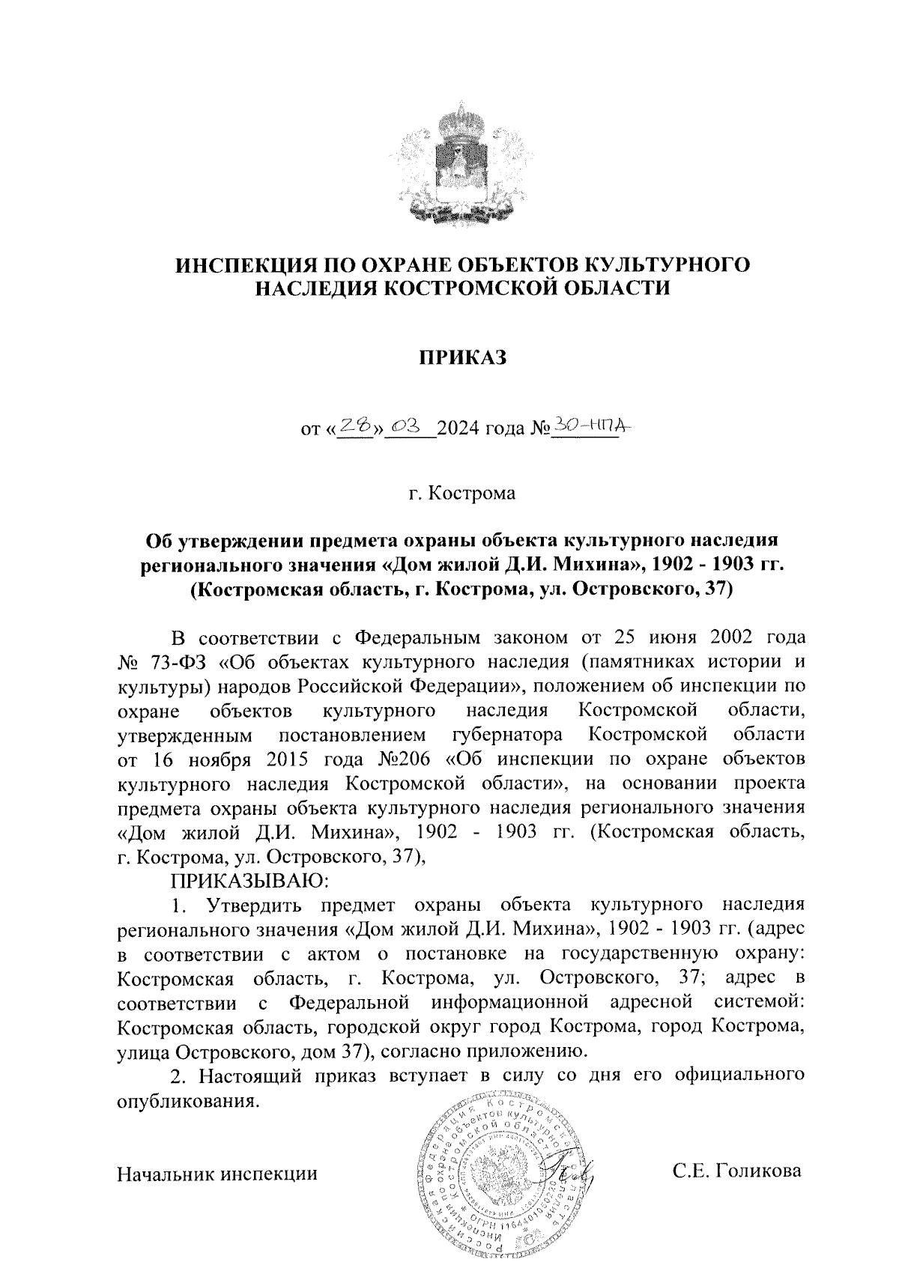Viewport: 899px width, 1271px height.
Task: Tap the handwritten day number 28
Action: [356, 425]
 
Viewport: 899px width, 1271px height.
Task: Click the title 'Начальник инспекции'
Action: [218, 1173]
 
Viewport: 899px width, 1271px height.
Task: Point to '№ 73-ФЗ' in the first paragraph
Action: [164, 661]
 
